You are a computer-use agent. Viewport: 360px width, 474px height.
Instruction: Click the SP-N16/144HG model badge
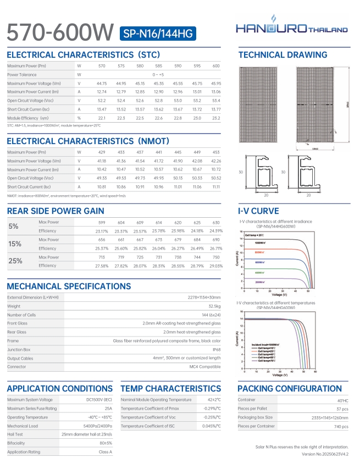pos(157,34)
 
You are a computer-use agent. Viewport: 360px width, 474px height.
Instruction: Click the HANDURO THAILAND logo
pos(292,28)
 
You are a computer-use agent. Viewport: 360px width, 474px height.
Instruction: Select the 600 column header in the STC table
pos(216,66)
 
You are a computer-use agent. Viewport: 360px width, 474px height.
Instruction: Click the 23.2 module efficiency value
pos(216,118)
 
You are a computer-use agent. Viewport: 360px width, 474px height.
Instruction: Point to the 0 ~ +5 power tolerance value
pos(159,74)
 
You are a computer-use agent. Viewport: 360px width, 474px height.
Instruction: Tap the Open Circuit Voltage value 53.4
pos(216,101)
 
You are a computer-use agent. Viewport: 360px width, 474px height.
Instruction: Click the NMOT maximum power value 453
pos(216,152)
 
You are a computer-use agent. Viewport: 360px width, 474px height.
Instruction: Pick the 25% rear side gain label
pos(15,261)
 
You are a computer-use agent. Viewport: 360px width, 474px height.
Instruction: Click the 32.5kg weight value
pos(214,306)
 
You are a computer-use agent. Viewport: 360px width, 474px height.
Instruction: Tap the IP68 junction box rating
pos(217,349)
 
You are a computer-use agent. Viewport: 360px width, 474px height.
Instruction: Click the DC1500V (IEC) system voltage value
pos(99,399)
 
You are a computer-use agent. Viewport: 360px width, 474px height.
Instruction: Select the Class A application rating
pos(105,451)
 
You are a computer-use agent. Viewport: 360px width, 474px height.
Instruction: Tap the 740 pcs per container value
pos(341,426)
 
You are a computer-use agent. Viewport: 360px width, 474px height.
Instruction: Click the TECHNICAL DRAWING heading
pos(282,55)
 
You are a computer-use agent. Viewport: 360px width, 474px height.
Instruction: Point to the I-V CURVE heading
pos(258,211)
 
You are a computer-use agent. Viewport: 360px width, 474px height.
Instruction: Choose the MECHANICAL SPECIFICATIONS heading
pos(69,286)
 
